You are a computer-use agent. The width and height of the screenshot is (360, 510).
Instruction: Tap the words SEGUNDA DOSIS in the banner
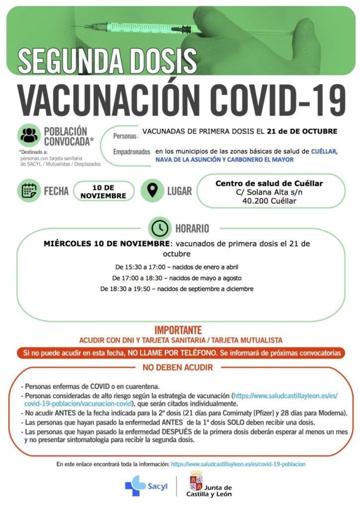(x=107, y=60)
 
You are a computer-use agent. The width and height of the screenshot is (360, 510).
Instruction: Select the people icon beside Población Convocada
(x=29, y=134)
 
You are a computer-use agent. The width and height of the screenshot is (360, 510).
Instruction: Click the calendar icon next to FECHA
(x=29, y=191)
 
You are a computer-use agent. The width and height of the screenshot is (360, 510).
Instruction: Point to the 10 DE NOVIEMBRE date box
(x=104, y=191)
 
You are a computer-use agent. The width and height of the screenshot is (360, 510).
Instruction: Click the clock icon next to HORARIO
(x=159, y=228)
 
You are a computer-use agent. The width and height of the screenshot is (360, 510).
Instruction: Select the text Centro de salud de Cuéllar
(x=269, y=183)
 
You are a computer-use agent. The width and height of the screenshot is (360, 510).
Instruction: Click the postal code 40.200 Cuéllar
(x=269, y=201)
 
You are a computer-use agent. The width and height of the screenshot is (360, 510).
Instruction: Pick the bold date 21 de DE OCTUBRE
(x=302, y=131)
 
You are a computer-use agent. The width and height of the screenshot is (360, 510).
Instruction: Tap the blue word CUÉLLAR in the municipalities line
(x=325, y=150)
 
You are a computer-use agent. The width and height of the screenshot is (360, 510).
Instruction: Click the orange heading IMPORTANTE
(x=178, y=330)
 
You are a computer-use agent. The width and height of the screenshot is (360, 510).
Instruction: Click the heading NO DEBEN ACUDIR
(x=178, y=368)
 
